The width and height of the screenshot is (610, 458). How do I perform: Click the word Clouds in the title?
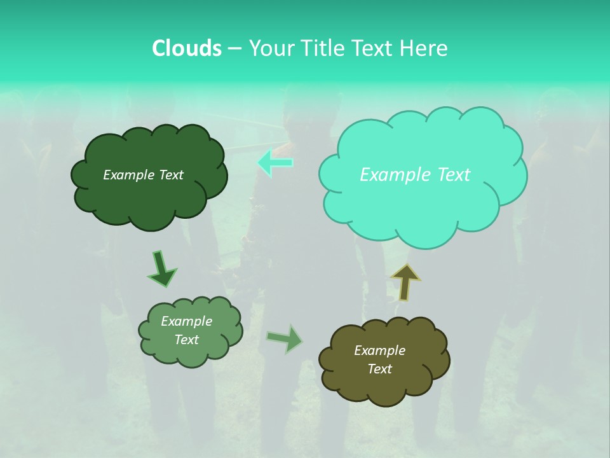pos(187,48)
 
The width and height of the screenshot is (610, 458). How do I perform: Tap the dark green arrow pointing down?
pos(161,269)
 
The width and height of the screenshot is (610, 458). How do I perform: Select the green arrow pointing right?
pos(285,338)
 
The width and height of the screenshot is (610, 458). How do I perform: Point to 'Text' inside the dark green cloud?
pos(170,175)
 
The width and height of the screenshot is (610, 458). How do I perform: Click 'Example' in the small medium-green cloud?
pos(186,321)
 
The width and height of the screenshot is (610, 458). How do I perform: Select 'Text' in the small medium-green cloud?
pos(186,340)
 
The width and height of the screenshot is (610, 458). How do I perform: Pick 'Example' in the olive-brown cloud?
pos(379,350)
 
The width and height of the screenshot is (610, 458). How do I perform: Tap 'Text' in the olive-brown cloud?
pos(379,369)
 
